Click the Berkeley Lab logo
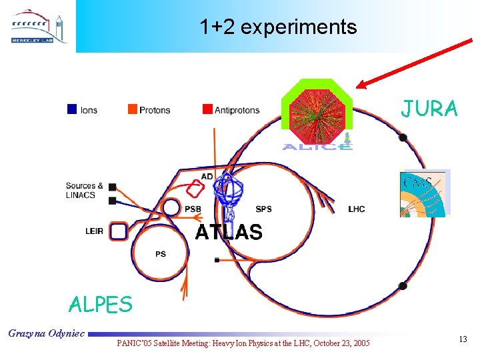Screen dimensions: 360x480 tap(39, 27)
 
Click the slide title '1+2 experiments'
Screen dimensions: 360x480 tap(278, 27)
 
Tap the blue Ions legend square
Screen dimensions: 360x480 tap(72, 109)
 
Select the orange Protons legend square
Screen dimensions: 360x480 tap(133, 109)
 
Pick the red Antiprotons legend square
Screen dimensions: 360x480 tap(207, 109)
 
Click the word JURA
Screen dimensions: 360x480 tap(429, 109)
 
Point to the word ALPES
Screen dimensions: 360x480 tap(101, 305)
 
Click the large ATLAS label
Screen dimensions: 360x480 tap(228, 232)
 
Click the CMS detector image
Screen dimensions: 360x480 tap(425, 193)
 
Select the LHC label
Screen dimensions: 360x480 tap(357, 209)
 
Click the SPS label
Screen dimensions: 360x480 tap(263, 209)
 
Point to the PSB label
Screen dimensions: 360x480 tap(193, 209)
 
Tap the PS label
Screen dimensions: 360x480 tap(161, 254)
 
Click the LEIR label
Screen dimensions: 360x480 tap(94, 231)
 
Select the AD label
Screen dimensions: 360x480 tap(207, 177)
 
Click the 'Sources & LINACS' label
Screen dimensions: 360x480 tap(85, 190)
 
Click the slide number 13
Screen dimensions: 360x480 tap(463, 340)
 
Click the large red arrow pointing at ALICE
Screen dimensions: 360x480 tap(413, 63)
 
